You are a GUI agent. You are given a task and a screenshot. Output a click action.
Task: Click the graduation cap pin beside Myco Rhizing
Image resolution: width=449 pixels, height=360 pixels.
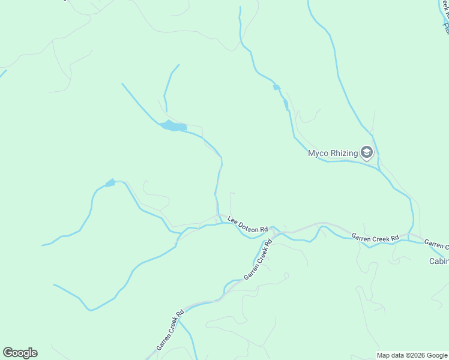367,153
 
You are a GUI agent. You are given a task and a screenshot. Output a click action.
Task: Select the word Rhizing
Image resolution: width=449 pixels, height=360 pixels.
345,154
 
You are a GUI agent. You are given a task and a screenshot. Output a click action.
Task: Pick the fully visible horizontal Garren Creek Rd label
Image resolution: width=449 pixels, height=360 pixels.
375,237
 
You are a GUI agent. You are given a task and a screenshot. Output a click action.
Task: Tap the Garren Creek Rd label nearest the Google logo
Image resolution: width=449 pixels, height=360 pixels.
170,330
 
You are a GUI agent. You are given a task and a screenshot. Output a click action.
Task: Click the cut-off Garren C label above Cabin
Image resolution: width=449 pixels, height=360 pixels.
436,244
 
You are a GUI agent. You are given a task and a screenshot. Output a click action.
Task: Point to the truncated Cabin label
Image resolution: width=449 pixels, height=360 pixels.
439,261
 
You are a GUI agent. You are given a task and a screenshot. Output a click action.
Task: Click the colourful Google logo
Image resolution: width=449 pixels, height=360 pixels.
20,353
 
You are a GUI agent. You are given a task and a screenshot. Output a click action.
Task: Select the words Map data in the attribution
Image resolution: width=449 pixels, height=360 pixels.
390,355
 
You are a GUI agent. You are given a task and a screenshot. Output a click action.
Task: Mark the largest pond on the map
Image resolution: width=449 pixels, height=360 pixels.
173,126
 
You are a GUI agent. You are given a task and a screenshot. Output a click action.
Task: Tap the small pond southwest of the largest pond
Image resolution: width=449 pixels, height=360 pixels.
110,183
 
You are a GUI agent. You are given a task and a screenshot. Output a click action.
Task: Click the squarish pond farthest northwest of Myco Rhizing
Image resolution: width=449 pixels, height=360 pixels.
276,88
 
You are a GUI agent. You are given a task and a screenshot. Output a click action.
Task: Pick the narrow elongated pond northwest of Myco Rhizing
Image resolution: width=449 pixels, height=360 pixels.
286,105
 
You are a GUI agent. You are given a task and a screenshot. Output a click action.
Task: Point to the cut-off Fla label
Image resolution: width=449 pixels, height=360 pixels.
446,27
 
